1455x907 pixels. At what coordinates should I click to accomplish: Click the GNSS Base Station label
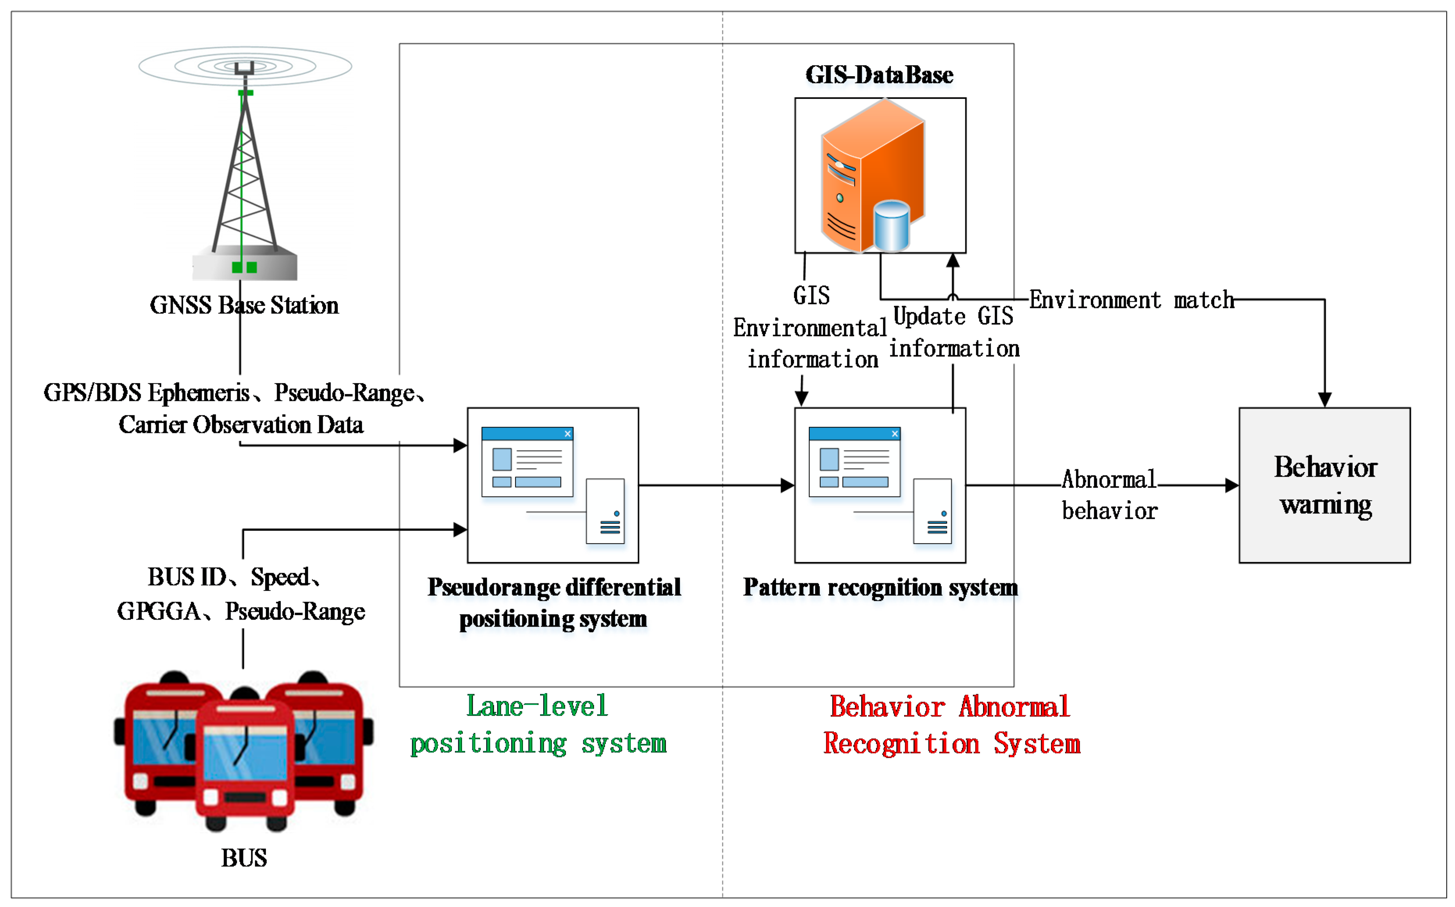(244, 305)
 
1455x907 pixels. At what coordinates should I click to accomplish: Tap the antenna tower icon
(244, 168)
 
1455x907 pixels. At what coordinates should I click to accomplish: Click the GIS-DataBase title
(879, 75)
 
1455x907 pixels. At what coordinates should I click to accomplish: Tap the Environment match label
(1132, 300)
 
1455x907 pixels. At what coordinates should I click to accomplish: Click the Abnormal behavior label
(1109, 495)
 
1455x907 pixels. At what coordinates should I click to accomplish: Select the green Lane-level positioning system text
(537, 725)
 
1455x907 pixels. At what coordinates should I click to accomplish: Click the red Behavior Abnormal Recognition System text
(951, 725)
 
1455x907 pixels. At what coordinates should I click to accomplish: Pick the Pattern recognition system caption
(880, 587)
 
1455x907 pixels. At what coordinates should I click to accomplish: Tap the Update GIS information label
(953, 332)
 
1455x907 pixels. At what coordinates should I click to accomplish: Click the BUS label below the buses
(244, 858)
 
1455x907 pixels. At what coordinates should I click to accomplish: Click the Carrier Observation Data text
(241, 425)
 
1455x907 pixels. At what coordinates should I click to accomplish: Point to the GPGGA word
(158, 611)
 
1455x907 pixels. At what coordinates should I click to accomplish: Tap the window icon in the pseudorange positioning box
(527, 461)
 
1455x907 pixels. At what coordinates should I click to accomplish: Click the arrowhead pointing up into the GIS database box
(953, 260)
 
